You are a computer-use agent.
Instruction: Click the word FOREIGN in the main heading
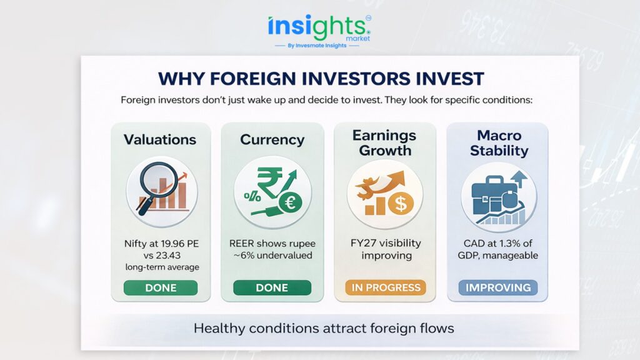click(252, 79)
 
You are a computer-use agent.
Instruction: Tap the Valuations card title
click(160, 139)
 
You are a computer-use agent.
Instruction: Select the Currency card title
click(272, 139)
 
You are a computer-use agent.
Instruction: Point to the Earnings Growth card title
click(384, 143)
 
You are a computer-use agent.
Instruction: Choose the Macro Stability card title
click(499, 143)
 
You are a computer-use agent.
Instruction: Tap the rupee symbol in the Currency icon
click(269, 183)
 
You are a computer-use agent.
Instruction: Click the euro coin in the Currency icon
click(290, 202)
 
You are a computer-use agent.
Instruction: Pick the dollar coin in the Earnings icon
click(401, 203)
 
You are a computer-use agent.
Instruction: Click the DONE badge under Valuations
click(161, 287)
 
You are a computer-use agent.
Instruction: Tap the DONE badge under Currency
click(272, 287)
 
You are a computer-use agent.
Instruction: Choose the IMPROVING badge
click(498, 287)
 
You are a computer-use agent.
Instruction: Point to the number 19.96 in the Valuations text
click(172, 244)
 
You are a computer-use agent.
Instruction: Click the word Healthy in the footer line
click(219, 329)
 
